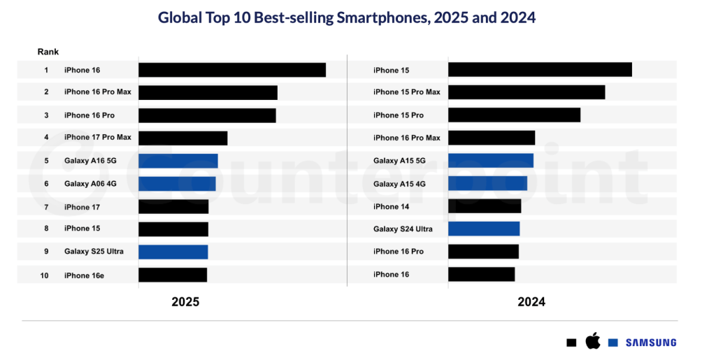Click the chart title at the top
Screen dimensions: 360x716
click(347, 18)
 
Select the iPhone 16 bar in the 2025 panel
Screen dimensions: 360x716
click(232, 70)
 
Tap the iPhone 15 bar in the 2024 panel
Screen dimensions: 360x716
click(540, 70)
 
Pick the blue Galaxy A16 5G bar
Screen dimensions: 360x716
click(178, 161)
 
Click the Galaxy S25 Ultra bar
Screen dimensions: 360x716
click(173, 252)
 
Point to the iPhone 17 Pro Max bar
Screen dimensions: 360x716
click(183, 138)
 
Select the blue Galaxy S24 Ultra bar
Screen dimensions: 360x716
click(484, 229)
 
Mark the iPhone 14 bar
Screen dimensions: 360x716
click(485, 206)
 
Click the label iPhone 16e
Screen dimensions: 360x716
click(84, 275)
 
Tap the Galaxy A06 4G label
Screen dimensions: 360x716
click(90, 184)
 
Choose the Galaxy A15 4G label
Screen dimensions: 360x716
click(399, 184)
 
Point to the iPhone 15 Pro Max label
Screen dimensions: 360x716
click(407, 92)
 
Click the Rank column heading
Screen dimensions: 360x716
click(48, 52)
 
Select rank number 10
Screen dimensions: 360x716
click(44, 275)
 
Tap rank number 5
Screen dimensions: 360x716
click(46, 161)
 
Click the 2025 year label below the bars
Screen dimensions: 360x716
click(185, 302)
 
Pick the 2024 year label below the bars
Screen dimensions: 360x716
click(531, 302)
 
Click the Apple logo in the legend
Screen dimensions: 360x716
click(592, 342)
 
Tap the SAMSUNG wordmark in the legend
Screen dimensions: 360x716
click(651, 343)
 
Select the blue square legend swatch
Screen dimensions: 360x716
click(613, 343)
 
